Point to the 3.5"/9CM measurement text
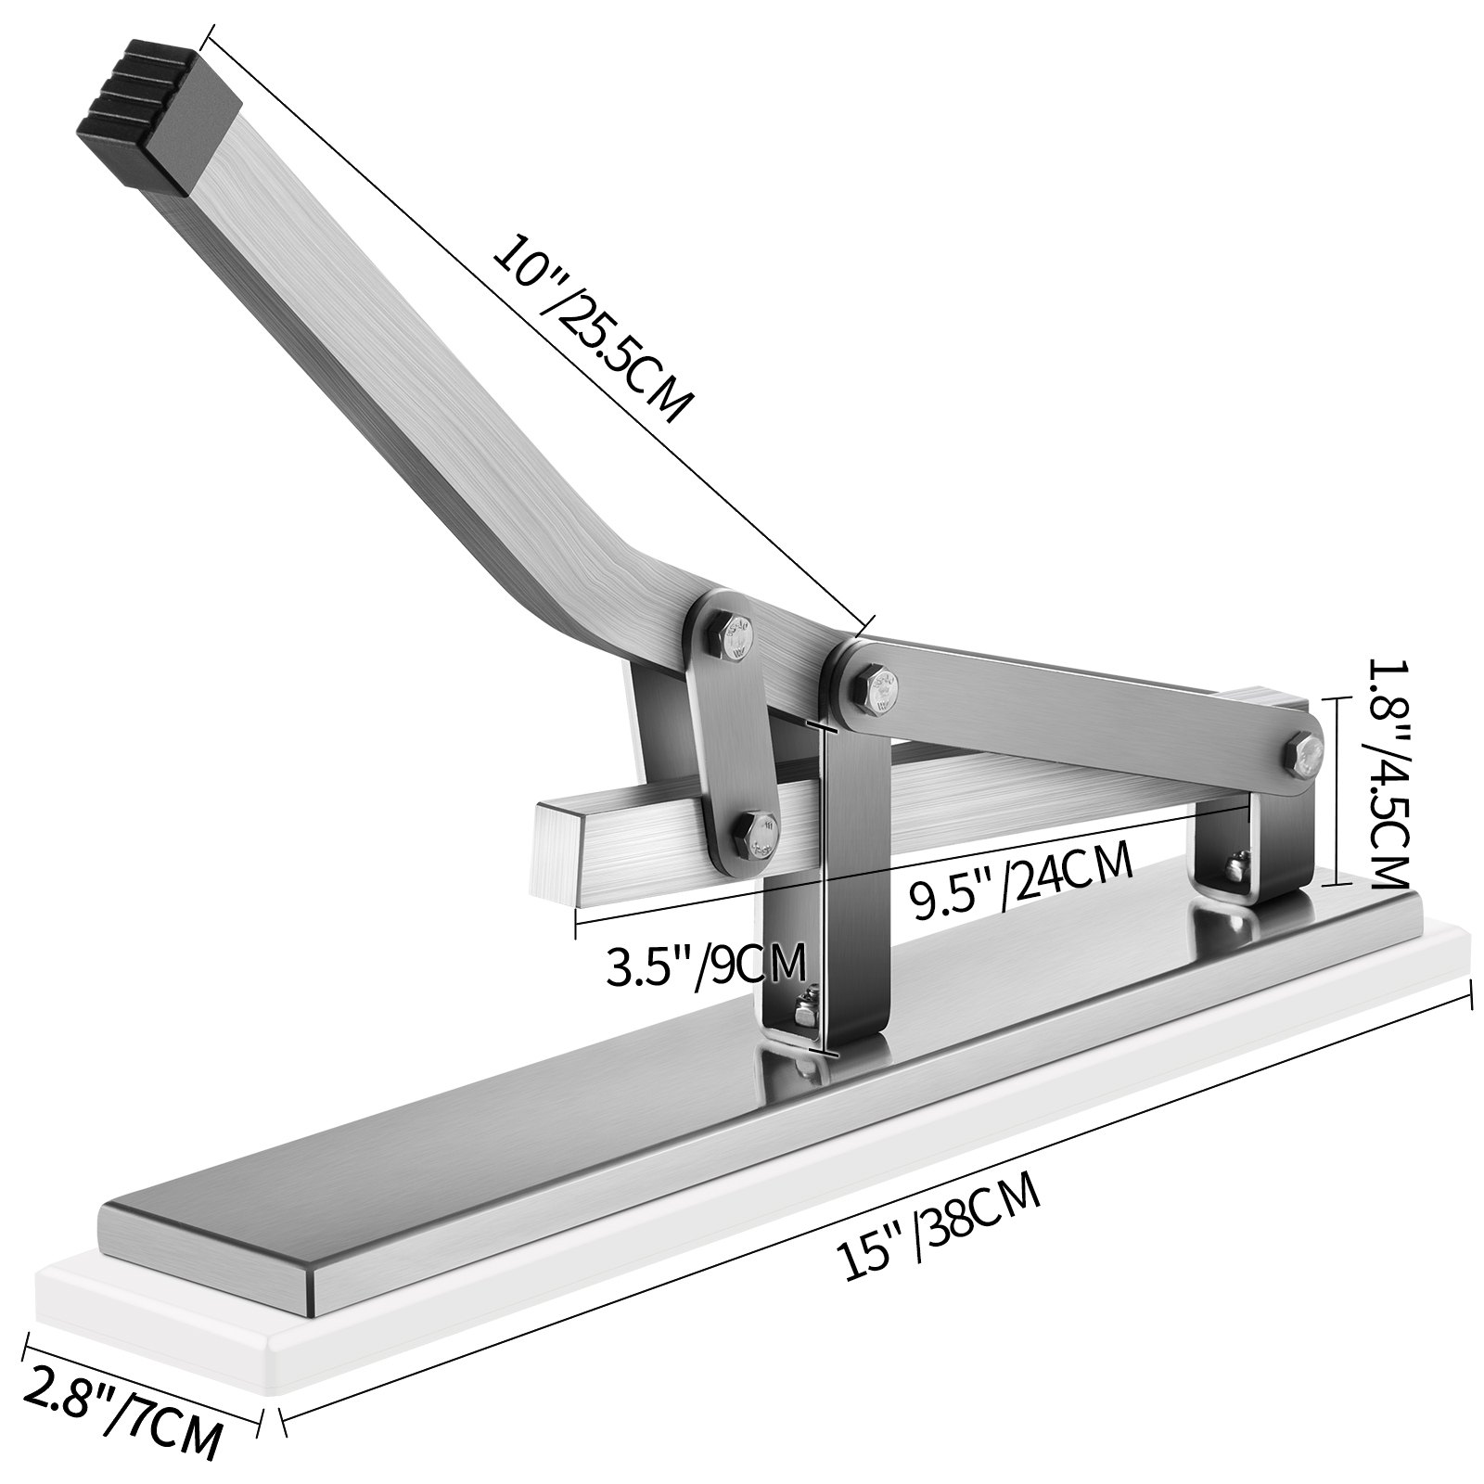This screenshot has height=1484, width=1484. [x=705, y=966]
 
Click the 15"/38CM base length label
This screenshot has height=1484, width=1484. [x=938, y=1224]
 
